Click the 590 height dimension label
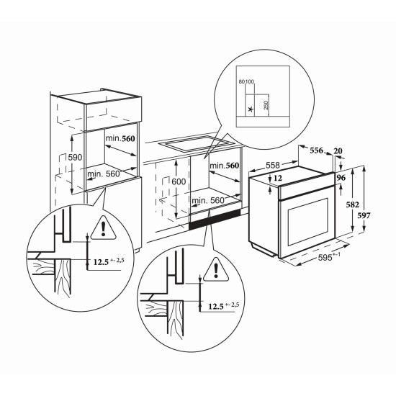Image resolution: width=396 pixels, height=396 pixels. [x=75, y=158]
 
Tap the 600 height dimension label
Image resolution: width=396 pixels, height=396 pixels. [x=179, y=181]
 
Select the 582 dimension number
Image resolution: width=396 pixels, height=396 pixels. [x=353, y=204]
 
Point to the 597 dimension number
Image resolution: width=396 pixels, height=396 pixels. [x=364, y=215]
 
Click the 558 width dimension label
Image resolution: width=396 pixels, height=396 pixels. [x=273, y=165]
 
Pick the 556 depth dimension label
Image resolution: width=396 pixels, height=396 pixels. [x=317, y=150]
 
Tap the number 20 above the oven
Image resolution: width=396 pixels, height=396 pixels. [x=338, y=151]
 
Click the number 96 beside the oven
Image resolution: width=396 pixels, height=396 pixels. [x=341, y=178]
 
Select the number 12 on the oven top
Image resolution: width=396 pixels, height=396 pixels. [x=277, y=179]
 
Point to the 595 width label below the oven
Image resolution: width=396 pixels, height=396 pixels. [x=325, y=257]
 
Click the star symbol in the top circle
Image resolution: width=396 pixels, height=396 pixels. [x=251, y=109]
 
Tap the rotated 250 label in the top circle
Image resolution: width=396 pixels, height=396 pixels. [x=266, y=105]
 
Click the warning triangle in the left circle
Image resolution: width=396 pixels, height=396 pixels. [x=103, y=228]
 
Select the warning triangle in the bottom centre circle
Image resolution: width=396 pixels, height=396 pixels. [x=216, y=270]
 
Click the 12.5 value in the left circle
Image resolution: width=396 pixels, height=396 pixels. [x=101, y=262]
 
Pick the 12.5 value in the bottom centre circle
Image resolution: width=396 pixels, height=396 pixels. [x=216, y=307]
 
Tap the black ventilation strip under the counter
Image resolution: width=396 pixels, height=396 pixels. [x=215, y=220]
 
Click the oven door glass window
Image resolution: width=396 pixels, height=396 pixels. [x=308, y=222]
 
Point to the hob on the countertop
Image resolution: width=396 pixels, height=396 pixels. [x=197, y=143]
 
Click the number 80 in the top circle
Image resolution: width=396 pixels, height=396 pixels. [x=241, y=81]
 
